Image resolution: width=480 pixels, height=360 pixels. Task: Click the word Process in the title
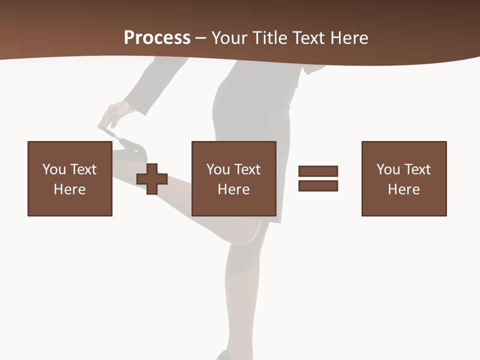click(x=157, y=38)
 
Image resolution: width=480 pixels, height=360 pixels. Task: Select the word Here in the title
click(x=348, y=38)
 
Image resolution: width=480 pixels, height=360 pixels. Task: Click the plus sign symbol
click(x=152, y=179)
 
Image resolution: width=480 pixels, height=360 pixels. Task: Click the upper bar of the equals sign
click(x=318, y=171)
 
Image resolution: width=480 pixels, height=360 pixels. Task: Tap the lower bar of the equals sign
click(x=318, y=185)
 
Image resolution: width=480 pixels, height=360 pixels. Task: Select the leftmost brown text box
click(x=70, y=178)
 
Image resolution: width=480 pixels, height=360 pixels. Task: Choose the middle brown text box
click(x=234, y=178)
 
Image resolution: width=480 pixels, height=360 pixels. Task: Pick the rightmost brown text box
click(x=404, y=178)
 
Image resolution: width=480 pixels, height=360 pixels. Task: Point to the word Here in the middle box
click(x=234, y=189)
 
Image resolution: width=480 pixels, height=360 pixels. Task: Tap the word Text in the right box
click(x=417, y=169)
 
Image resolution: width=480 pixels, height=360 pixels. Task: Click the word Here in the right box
click(x=404, y=189)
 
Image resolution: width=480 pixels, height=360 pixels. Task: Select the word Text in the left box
click(x=83, y=169)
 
